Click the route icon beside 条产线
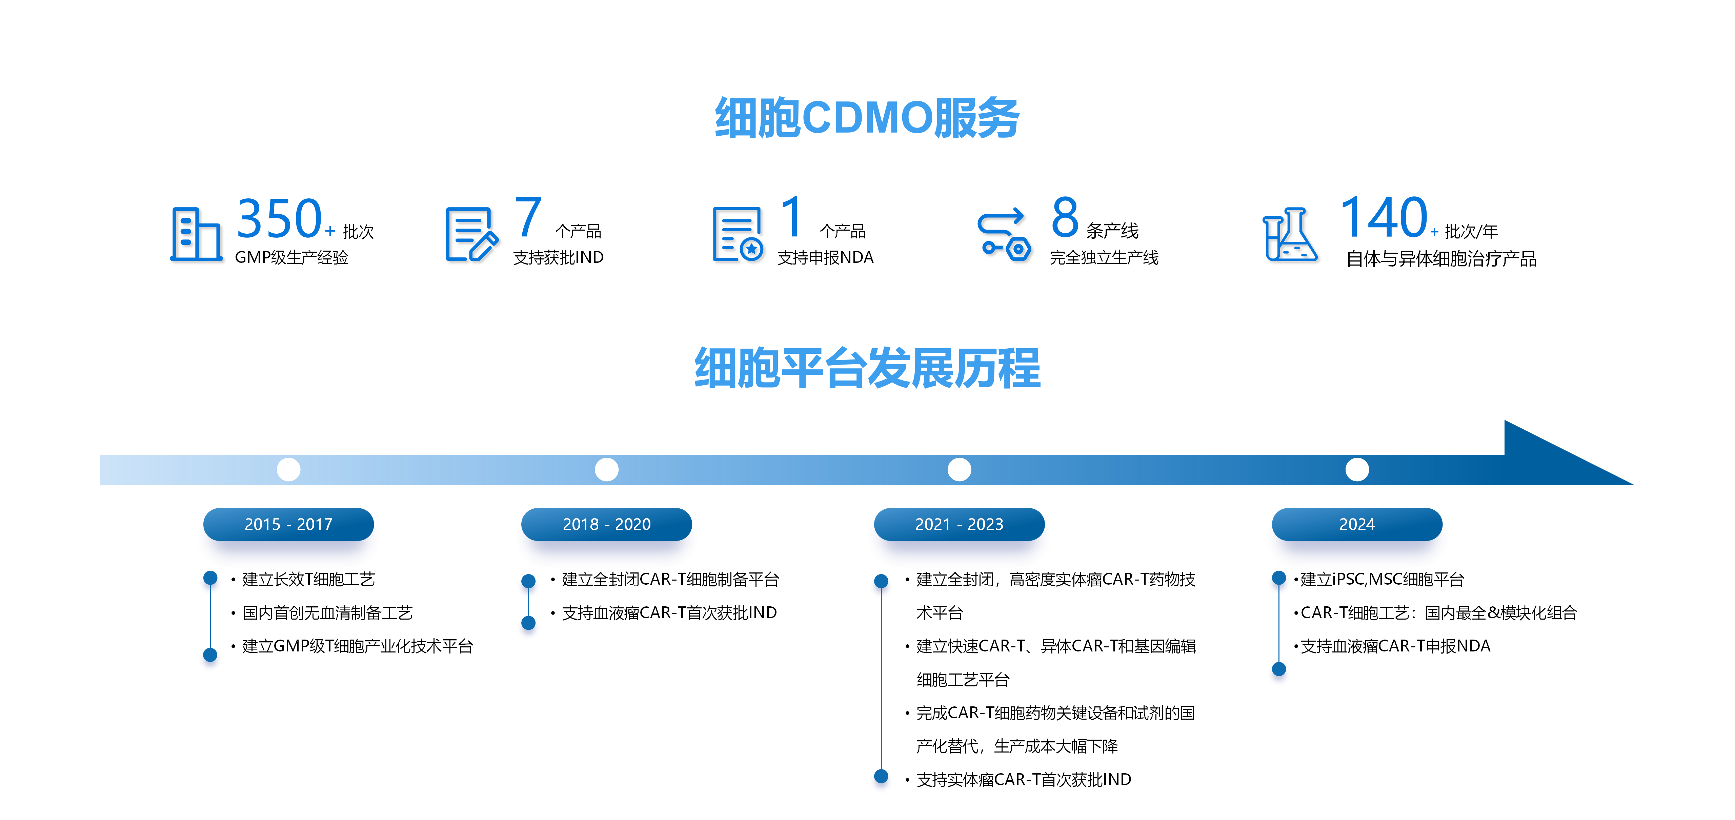click(x=1004, y=234)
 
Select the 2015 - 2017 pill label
click(x=288, y=524)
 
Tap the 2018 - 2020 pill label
click(x=606, y=524)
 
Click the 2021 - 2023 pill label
click(x=959, y=524)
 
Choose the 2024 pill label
click(x=1356, y=524)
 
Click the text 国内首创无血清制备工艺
click(x=327, y=612)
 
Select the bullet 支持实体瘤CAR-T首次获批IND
click(x=1024, y=780)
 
